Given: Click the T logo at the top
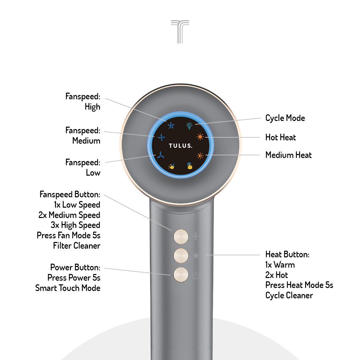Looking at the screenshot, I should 180,31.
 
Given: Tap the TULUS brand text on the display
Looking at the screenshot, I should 180,146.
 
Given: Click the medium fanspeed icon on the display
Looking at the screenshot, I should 161,137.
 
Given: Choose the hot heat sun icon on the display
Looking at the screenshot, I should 200,137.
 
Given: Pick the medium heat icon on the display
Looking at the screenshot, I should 200,155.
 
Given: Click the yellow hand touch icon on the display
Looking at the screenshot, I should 190,166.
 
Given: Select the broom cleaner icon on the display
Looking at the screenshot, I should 172,166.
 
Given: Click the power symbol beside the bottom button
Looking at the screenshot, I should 196,275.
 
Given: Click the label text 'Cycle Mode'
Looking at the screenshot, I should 285,118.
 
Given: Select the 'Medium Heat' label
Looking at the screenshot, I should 288,155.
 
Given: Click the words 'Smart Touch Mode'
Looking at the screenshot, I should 68,288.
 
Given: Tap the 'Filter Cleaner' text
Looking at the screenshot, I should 77,246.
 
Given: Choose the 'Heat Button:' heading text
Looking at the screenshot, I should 287,254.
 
